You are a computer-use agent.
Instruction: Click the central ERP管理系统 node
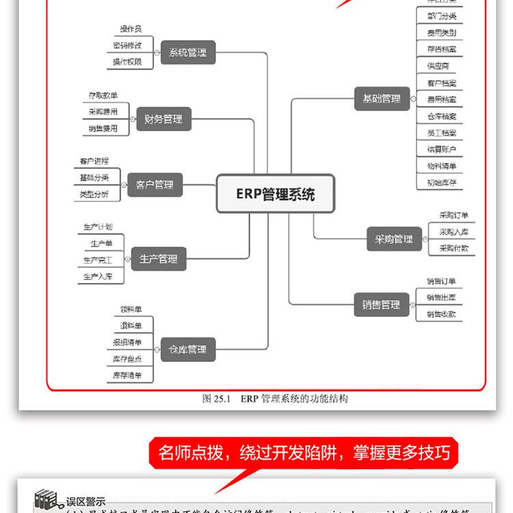point(276,194)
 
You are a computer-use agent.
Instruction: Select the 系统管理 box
point(187,52)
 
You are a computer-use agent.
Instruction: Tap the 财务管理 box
point(163,119)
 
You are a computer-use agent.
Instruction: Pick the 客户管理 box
point(155,185)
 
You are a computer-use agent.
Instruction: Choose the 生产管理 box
point(158,259)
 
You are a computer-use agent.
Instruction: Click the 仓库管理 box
point(187,350)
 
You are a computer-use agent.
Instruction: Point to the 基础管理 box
point(381,98)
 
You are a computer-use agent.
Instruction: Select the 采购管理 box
point(394,239)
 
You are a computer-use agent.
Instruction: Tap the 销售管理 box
point(381,305)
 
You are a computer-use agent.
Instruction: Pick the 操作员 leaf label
point(131,29)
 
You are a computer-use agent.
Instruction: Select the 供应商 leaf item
point(438,66)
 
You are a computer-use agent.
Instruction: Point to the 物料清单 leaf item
point(441,166)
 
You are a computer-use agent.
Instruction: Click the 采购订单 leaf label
point(453,215)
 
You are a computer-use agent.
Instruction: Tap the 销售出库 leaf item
point(441,298)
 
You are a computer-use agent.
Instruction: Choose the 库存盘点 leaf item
point(127,358)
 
